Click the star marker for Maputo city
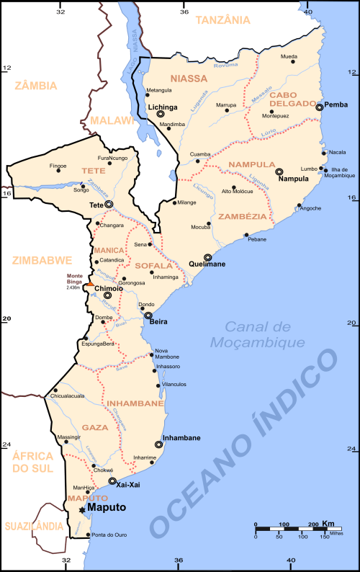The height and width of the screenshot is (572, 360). (81, 509)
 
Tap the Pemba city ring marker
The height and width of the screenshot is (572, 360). (320, 107)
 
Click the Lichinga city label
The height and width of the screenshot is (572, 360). (163, 106)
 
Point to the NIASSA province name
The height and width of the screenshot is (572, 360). (188, 78)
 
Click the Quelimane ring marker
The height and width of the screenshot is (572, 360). (208, 256)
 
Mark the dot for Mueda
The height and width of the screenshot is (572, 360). (293, 63)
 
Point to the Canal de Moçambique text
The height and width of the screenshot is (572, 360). (259, 334)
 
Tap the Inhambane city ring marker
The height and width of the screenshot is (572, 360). (159, 444)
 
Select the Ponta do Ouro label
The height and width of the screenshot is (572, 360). (109, 535)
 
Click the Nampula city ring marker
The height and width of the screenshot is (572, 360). (279, 171)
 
